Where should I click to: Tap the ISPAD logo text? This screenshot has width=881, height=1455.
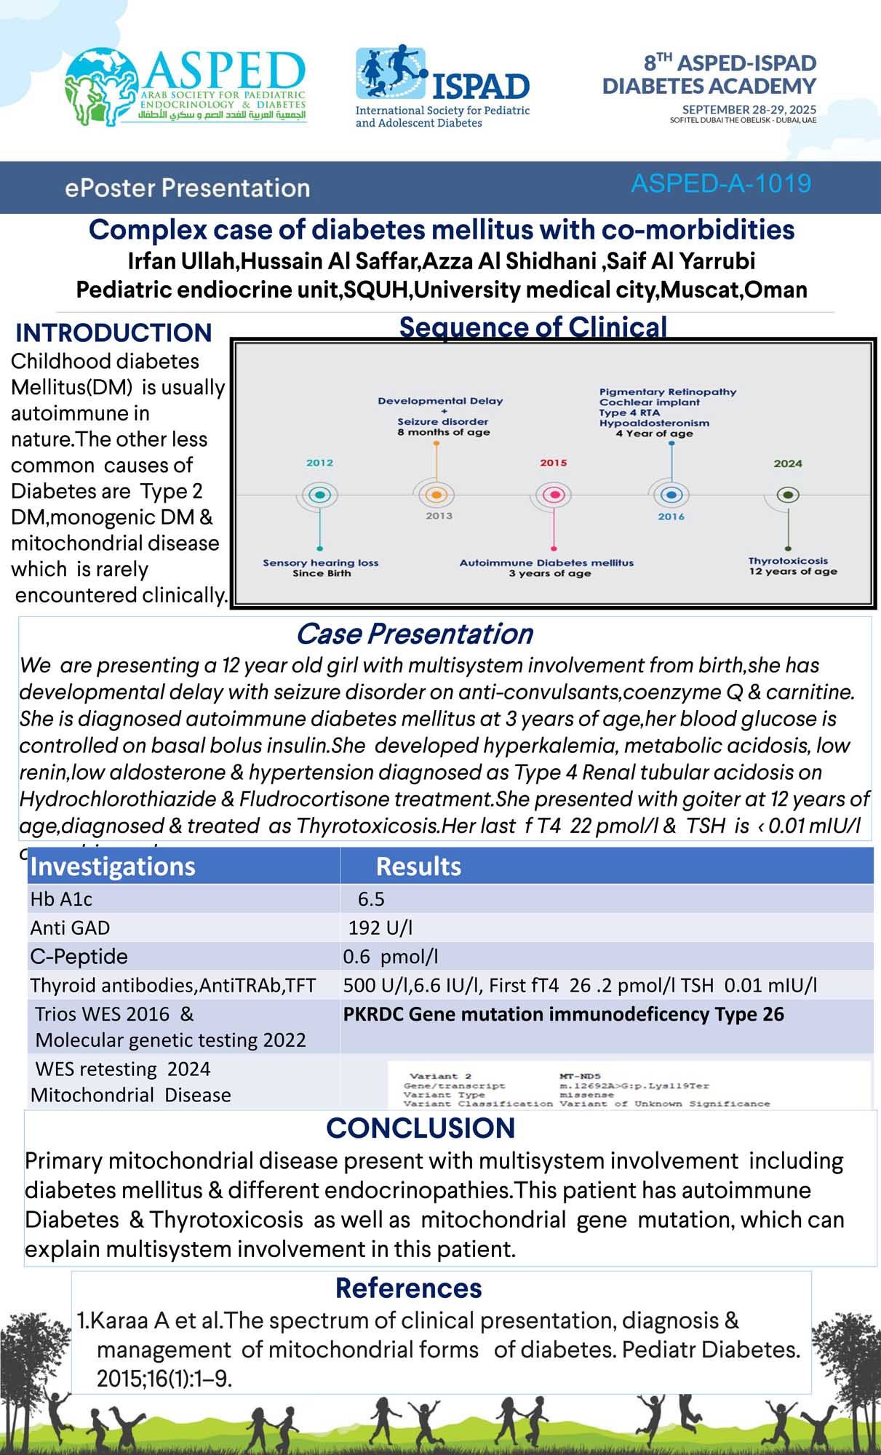click(x=481, y=87)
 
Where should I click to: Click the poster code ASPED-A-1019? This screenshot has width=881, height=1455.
click(x=721, y=183)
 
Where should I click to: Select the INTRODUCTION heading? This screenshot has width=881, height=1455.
click(x=113, y=332)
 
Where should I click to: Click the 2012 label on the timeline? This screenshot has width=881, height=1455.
click(x=319, y=463)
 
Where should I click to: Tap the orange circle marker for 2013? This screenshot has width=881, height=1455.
click(x=436, y=495)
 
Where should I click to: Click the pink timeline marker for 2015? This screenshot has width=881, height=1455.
click(x=554, y=495)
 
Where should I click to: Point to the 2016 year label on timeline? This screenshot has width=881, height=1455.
click(x=671, y=517)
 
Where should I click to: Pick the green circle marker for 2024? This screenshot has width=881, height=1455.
click(x=788, y=495)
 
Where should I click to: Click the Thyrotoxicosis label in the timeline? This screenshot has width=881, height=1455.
click(x=788, y=561)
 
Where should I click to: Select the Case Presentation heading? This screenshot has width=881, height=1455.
click(x=415, y=634)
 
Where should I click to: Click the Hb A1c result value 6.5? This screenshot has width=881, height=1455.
click(x=371, y=899)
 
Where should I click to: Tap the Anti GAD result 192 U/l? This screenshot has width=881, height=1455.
click(x=380, y=928)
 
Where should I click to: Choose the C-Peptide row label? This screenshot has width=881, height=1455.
click(x=79, y=957)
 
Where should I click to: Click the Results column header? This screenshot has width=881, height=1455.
click(x=418, y=866)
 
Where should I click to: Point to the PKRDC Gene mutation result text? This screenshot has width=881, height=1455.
click(x=563, y=1014)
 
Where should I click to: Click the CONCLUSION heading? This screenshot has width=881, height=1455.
click(x=420, y=1128)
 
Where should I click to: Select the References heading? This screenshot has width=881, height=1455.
click(x=408, y=1288)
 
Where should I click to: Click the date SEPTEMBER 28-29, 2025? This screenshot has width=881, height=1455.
click(x=749, y=109)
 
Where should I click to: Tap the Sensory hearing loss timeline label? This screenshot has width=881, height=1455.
click(x=321, y=563)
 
